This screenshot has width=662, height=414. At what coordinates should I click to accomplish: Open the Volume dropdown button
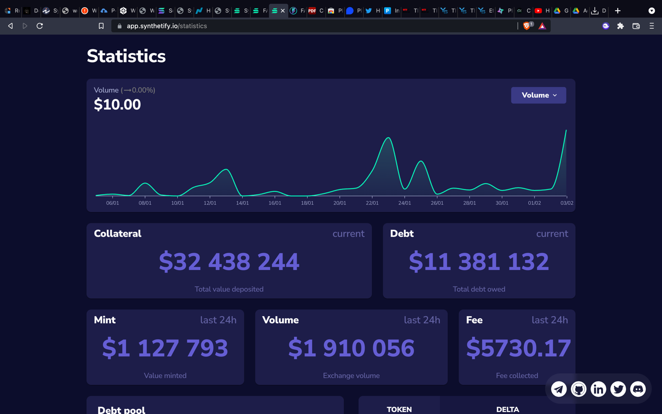pyautogui.click(x=538, y=95)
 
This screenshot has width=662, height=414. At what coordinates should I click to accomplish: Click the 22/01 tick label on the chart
pyautogui.click(x=372, y=203)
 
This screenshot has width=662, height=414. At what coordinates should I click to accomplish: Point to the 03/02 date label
pyautogui.click(x=567, y=203)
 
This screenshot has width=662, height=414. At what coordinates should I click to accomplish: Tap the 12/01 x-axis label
pyautogui.click(x=210, y=203)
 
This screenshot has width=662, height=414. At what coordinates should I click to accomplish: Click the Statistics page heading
pyautogui.click(x=126, y=57)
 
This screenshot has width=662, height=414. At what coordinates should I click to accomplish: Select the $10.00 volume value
pyautogui.click(x=118, y=105)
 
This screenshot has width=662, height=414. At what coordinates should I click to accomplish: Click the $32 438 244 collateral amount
pyautogui.click(x=229, y=262)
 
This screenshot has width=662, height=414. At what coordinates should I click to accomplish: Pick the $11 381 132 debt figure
pyautogui.click(x=479, y=262)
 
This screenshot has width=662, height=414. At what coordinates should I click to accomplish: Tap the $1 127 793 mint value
pyautogui.click(x=165, y=348)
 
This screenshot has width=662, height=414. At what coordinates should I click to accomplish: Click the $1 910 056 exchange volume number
pyautogui.click(x=351, y=348)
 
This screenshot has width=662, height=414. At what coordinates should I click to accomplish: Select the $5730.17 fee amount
pyautogui.click(x=518, y=348)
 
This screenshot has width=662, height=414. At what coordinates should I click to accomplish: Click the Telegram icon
pyautogui.click(x=559, y=389)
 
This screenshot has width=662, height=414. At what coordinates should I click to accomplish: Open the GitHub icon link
pyautogui.click(x=579, y=389)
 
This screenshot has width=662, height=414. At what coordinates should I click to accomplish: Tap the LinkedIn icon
pyautogui.click(x=598, y=389)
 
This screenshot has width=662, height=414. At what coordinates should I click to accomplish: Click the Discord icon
pyautogui.click(x=638, y=389)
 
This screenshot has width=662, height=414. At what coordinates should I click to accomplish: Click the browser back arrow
pyautogui.click(x=11, y=26)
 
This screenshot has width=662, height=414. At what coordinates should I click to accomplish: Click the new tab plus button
pyautogui.click(x=618, y=11)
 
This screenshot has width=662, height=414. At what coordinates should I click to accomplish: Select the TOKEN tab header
pyautogui.click(x=399, y=409)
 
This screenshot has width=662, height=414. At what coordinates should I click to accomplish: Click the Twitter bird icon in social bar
pyautogui.click(x=618, y=389)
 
